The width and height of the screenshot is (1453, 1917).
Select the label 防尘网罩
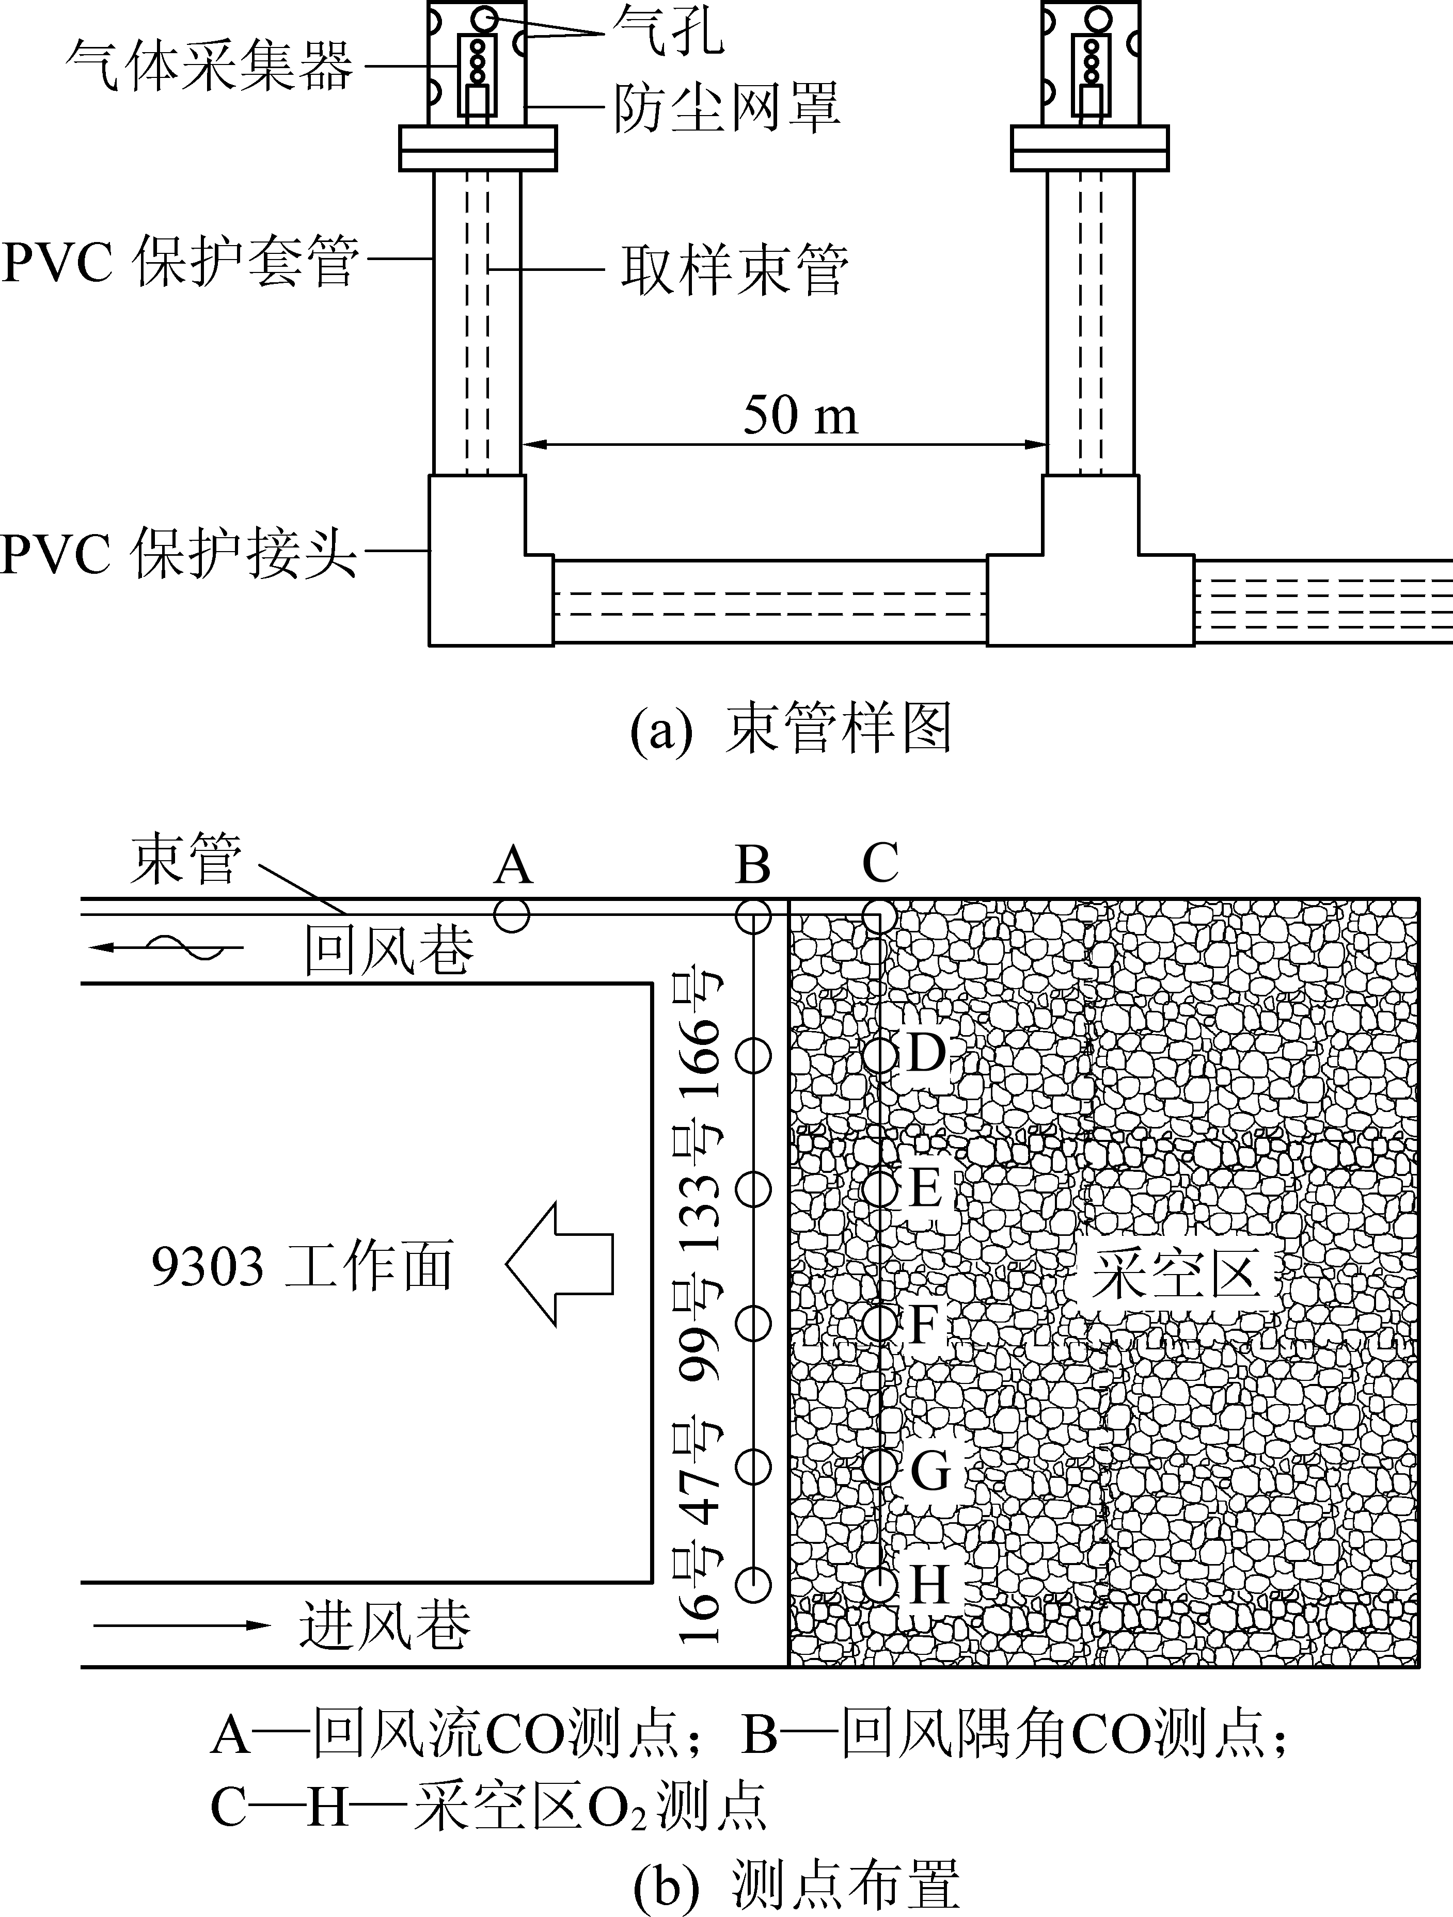pyautogui.click(x=726, y=108)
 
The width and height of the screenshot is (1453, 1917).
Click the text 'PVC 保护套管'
pyautogui.click(x=180, y=260)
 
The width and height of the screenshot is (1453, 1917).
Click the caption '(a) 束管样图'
pyautogui.click(x=791, y=729)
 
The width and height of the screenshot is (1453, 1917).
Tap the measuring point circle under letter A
pyautogui.click(x=512, y=915)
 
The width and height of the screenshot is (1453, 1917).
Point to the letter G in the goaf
pyautogui.click(x=930, y=1470)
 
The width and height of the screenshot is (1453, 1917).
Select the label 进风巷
pyautogui.click(x=386, y=1623)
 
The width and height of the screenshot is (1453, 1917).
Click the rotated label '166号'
pyautogui.click(x=701, y=1036)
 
